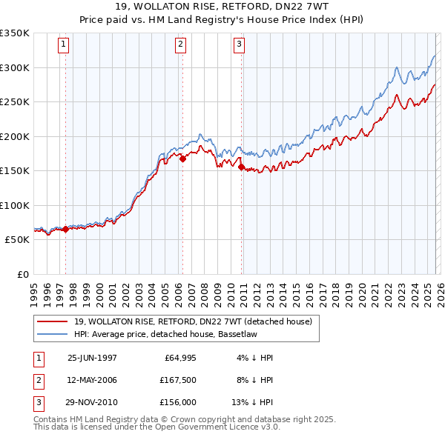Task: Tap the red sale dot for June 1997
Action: point(65,230)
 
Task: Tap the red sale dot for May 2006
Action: point(182,158)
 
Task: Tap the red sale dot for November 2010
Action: point(242,167)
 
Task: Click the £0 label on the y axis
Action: point(22,274)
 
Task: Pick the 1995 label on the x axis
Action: point(34,289)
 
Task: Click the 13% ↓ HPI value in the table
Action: point(252,402)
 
